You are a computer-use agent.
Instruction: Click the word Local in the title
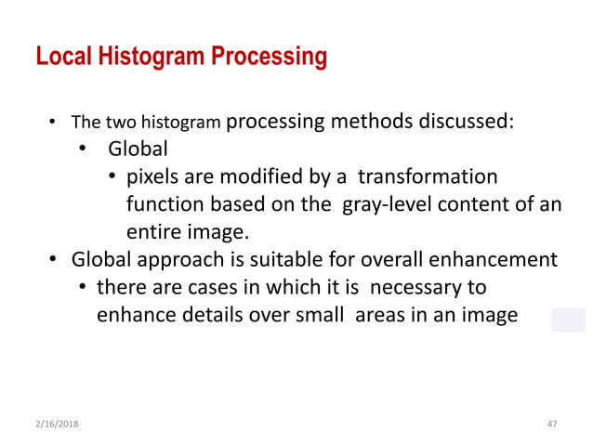point(62,57)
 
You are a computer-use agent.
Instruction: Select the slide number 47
point(552,424)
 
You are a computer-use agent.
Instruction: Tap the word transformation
point(428,176)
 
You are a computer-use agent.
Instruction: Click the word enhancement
point(503,259)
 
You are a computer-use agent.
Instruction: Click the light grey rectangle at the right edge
point(567,319)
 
